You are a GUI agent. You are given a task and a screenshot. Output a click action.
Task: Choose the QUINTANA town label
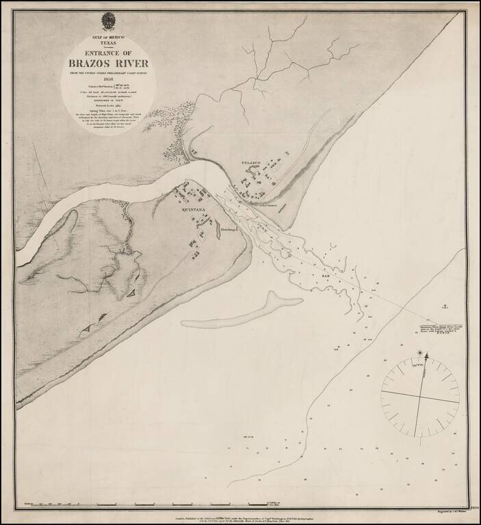193,211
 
